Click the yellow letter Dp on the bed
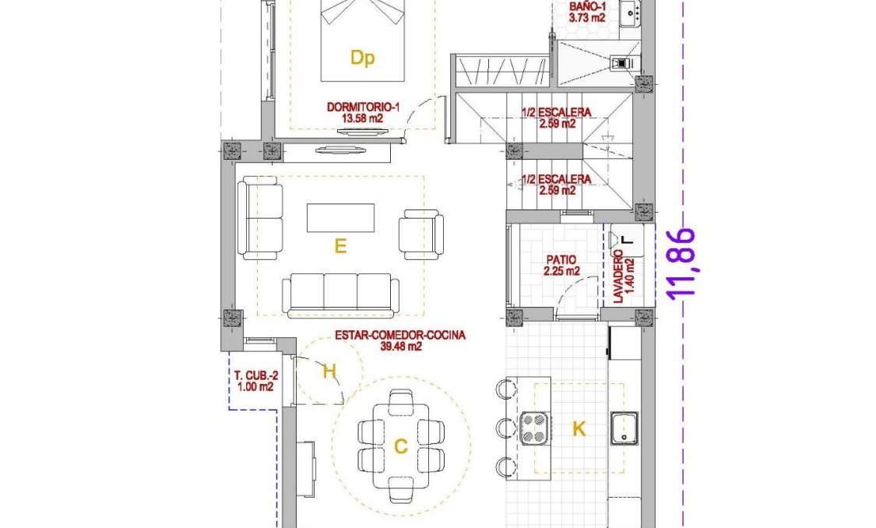361,58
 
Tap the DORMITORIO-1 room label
363,108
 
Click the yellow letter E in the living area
339,246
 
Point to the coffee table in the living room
340,217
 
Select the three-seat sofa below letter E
340,294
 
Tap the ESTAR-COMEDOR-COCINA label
400,336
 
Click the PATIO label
561,261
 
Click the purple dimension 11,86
682,262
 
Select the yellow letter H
329,371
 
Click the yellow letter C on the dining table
400,446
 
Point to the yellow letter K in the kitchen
579,428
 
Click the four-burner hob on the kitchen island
533,427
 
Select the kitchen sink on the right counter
624,428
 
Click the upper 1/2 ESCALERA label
556,112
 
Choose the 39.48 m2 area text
400,347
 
